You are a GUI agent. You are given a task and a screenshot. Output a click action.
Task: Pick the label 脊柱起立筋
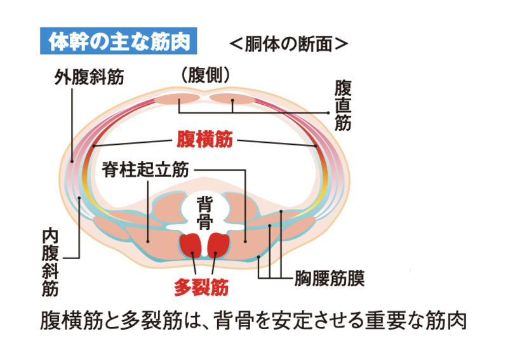point(145,170)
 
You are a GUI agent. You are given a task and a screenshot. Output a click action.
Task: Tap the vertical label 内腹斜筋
point(51,260)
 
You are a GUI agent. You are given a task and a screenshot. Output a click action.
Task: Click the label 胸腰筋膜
point(330,277)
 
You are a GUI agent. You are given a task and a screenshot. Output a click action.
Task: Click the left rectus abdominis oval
point(178,99)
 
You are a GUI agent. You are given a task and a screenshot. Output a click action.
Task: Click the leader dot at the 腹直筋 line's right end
point(330,112)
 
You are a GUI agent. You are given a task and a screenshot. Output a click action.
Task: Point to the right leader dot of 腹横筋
point(316,146)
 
